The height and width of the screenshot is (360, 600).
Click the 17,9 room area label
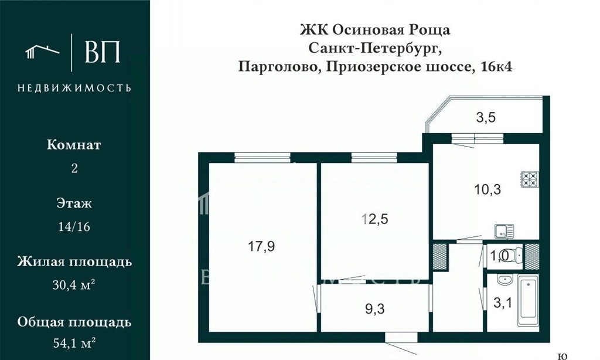point(261,246)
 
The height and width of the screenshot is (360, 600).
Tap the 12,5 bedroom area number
point(375,219)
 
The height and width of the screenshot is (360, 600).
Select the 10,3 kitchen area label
point(487,189)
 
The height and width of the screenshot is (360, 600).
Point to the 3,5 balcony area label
point(486,117)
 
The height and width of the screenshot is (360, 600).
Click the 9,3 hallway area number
point(375,308)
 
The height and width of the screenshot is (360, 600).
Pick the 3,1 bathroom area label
point(502,303)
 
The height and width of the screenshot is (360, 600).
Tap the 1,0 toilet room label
point(499,256)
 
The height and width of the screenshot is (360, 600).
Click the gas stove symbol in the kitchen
point(530,179)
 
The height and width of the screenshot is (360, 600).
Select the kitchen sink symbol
point(504,232)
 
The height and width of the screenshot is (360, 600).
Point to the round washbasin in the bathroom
point(504,280)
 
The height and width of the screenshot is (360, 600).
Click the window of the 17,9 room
point(262,158)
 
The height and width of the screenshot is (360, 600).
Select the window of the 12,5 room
point(374,158)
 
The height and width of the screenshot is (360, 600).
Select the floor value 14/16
point(74,227)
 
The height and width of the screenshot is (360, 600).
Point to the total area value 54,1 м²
point(74,343)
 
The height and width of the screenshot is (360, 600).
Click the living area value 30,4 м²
point(74,284)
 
